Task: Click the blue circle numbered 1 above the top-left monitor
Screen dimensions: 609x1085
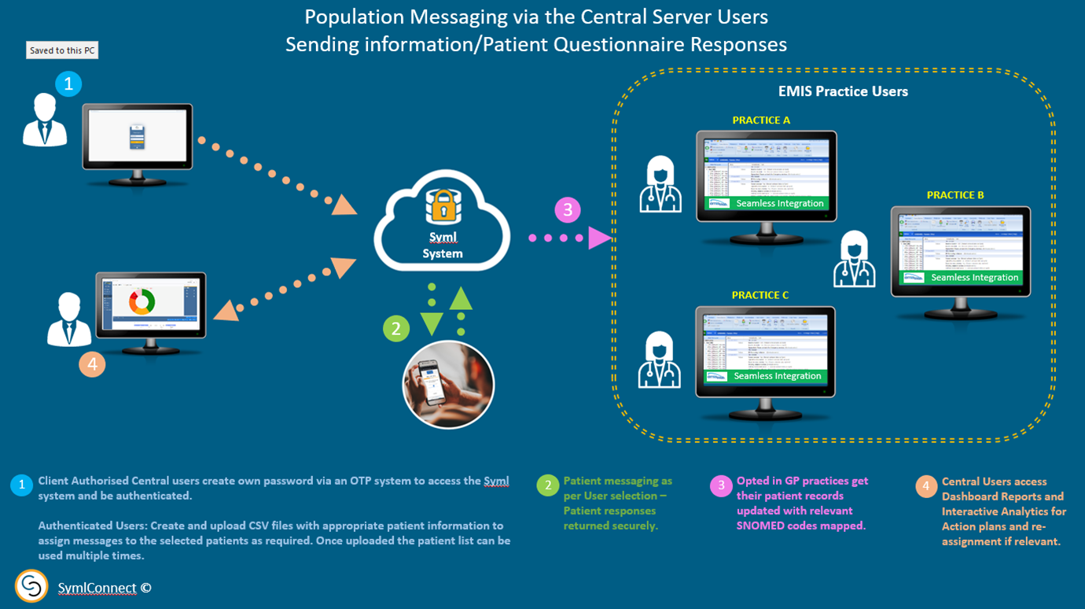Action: (x=68, y=83)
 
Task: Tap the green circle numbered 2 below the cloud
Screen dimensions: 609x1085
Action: (x=396, y=328)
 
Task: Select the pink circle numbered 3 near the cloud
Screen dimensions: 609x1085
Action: (x=568, y=210)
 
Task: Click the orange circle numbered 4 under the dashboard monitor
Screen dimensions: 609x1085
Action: (x=92, y=364)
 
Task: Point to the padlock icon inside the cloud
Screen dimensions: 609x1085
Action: (x=442, y=206)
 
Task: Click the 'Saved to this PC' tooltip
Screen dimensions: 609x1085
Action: (x=63, y=50)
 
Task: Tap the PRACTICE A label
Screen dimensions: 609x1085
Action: (x=761, y=120)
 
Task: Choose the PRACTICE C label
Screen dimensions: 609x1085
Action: (x=760, y=295)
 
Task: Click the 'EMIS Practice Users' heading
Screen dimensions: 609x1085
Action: (x=843, y=91)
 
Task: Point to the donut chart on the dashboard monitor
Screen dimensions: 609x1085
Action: (x=142, y=301)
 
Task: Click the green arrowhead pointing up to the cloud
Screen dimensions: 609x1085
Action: (x=461, y=298)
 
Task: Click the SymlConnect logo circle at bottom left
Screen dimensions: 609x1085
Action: (x=31, y=586)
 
